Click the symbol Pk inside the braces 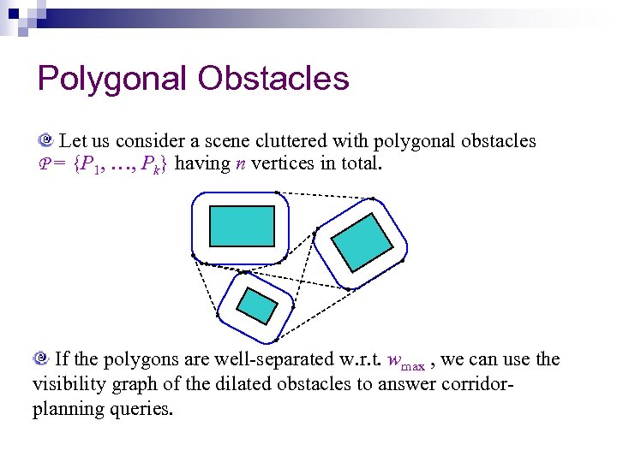[x=150, y=163]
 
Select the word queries [x=144, y=408]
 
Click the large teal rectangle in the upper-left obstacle [x=243, y=226]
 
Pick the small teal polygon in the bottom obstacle [x=257, y=304]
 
